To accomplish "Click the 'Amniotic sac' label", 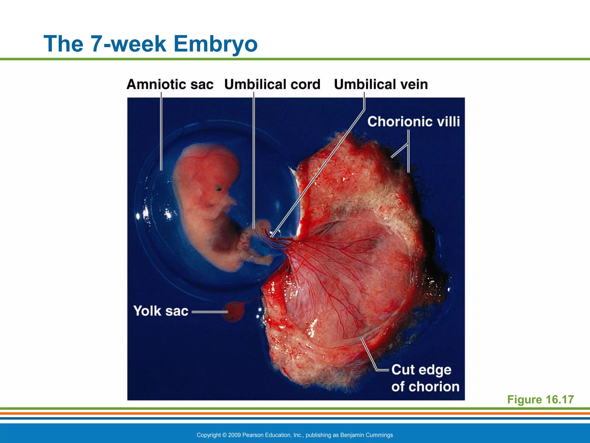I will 170,85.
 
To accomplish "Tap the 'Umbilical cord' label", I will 272,85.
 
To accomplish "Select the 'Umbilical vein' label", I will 381,85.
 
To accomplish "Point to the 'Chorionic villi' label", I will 413,121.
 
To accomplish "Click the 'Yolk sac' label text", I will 160,311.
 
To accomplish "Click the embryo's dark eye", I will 219,189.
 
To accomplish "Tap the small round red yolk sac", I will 233,311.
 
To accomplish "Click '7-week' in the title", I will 128,44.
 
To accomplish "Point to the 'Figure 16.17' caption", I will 540,399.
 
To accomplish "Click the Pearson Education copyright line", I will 294,435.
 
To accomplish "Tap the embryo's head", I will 207,170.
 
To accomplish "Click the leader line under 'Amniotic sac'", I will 161,130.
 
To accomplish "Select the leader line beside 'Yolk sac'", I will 210,312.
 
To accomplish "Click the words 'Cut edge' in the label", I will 421,370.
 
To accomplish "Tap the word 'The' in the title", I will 63,44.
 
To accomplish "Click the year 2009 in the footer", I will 234,435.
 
